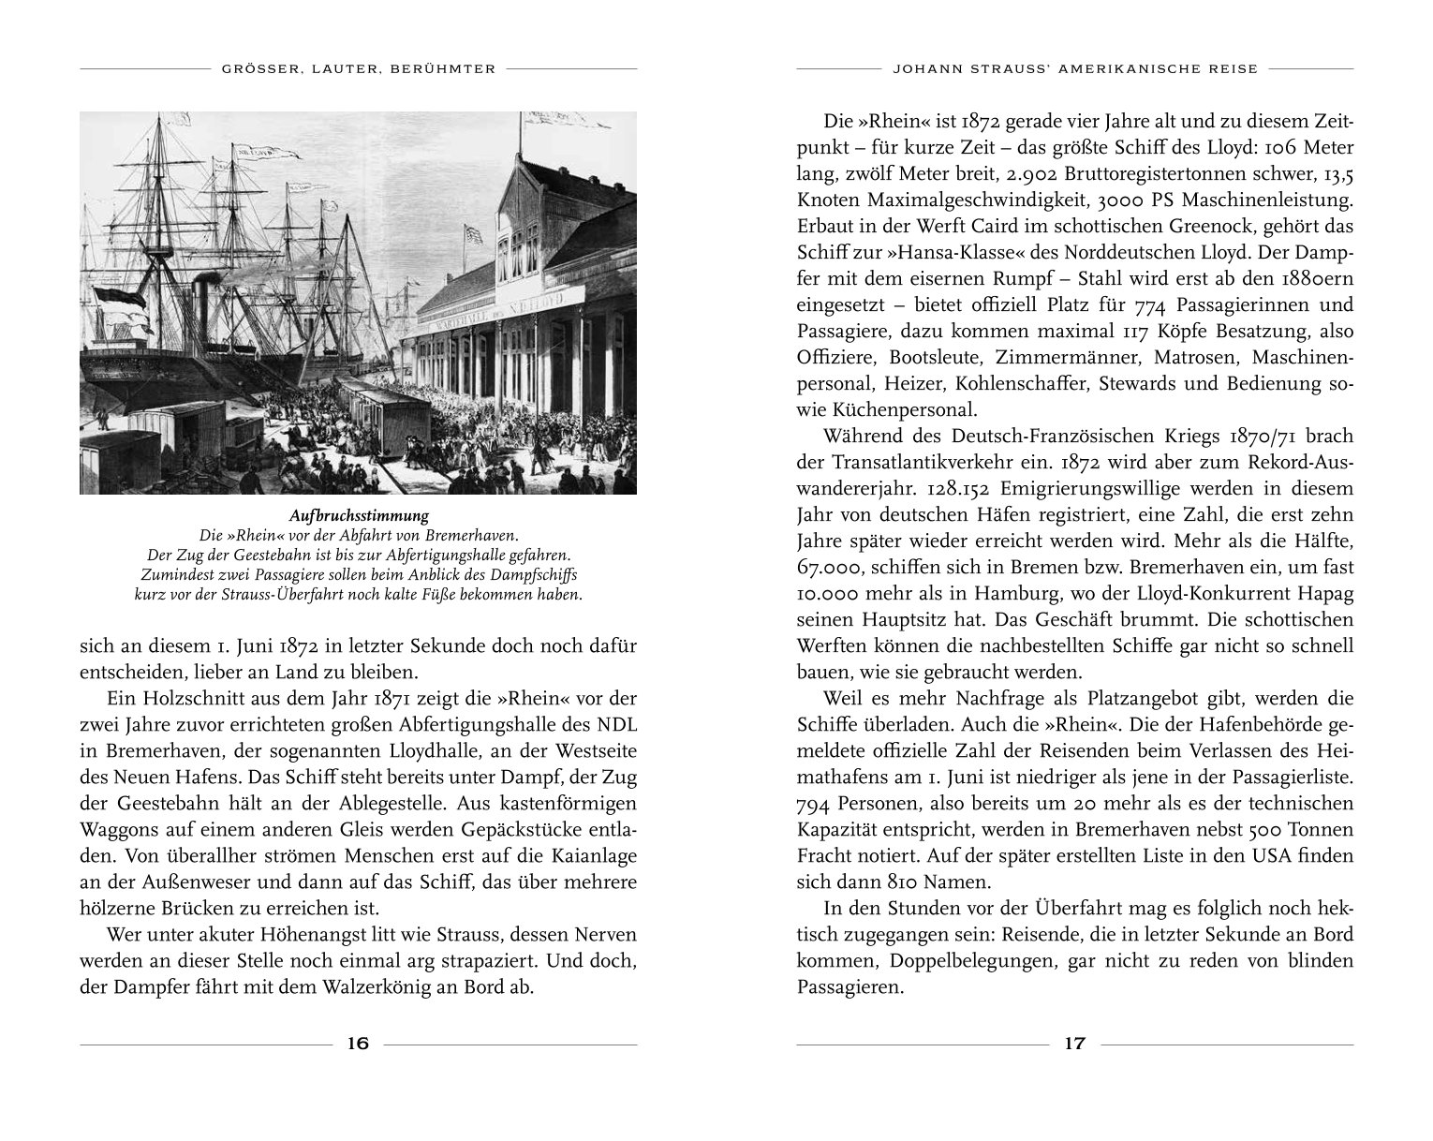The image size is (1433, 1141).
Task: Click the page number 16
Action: (358, 1045)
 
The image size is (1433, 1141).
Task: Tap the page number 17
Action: (1074, 1045)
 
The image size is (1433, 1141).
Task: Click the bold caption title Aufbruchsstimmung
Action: (358, 516)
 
